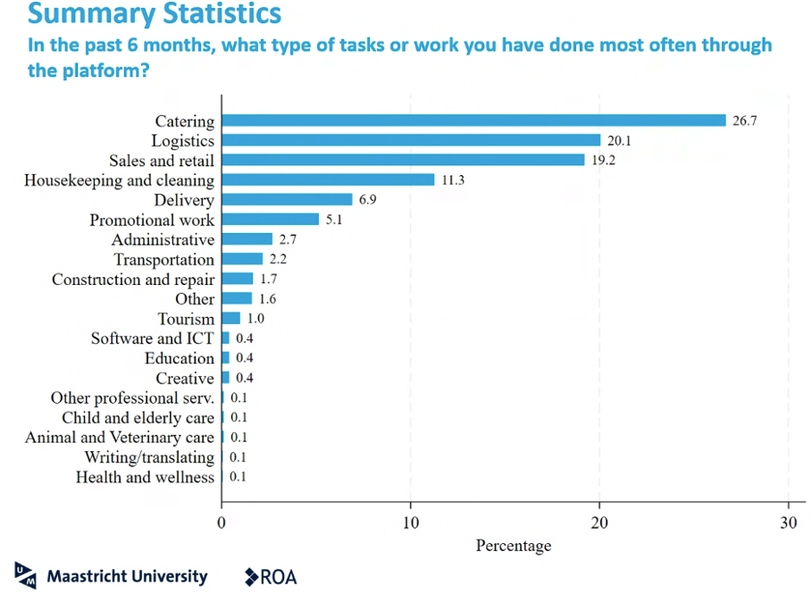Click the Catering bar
(x=473, y=121)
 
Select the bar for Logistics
(x=411, y=140)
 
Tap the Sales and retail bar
(x=403, y=160)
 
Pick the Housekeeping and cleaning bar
(x=328, y=180)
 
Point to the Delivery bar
(x=287, y=200)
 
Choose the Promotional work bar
(x=270, y=220)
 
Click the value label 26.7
(x=745, y=121)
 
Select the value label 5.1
(x=334, y=220)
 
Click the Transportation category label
(x=164, y=260)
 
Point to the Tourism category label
(x=186, y=319)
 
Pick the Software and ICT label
(x=153, y=339)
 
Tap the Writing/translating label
(x=149, y=457)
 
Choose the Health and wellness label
(x=145, y=477)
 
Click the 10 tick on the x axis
(x=411, y=523)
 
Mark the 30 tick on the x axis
(x=789, y=523)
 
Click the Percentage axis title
(x=514, y=545)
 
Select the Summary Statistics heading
(x=155, y=14)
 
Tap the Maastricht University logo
(x=112, y=576)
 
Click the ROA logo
(x=271, y=577)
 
